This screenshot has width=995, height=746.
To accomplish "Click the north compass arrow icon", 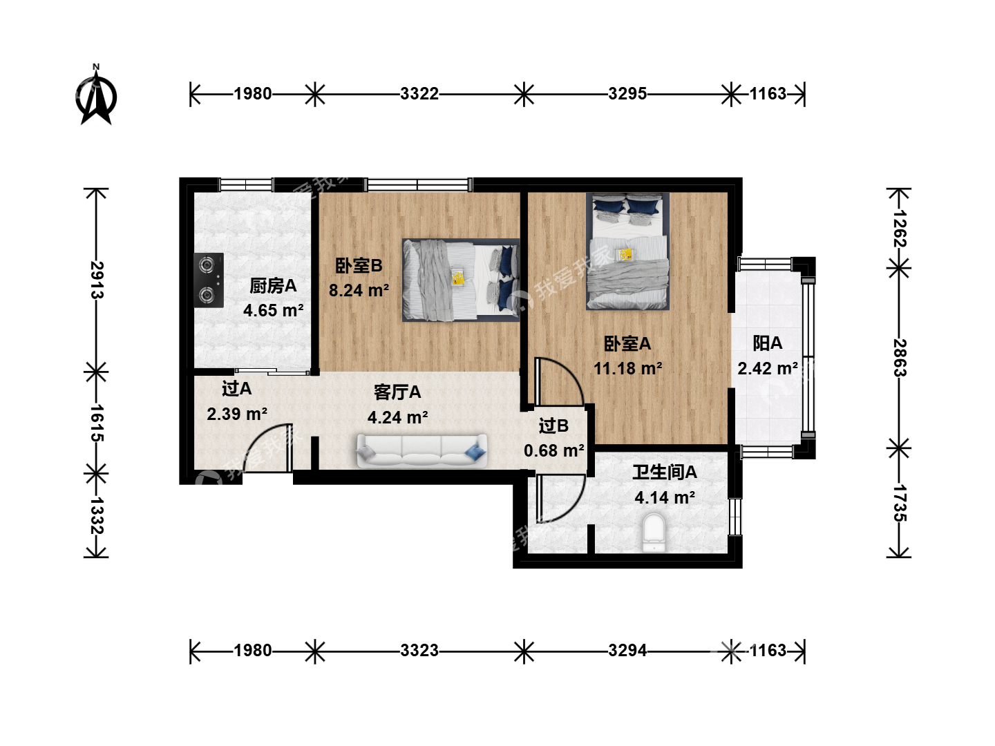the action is coord(95,95).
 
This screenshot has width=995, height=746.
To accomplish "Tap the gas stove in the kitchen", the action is coord(209,280).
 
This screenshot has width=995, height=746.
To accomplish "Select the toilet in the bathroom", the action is coord(654,533).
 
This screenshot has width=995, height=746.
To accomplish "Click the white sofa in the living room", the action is coord(421,450).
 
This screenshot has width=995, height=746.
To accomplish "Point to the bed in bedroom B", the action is coord(461,280).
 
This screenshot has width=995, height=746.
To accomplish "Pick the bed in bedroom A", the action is coord(627,251).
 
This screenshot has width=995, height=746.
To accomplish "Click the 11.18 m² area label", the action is coord(628,368).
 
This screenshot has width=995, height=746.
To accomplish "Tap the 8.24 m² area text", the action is coord(359,290).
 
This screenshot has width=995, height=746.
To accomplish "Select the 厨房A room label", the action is coord(273,286).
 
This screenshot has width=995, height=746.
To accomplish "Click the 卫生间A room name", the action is coord(665,472).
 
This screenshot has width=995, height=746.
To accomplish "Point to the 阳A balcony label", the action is coord(768,343).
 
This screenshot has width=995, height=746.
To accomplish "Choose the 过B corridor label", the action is coord(553,425).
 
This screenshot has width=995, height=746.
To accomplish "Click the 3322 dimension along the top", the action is coord(419,94).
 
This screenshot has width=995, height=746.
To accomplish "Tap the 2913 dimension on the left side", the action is coord(97,280).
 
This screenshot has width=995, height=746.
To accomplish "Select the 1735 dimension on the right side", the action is coord(900,504).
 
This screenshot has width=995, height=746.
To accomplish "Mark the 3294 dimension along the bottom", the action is coord(627,651).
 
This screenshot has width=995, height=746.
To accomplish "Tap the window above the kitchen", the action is coord(246,184).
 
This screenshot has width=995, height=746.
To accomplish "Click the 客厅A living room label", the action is coord(397,392).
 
